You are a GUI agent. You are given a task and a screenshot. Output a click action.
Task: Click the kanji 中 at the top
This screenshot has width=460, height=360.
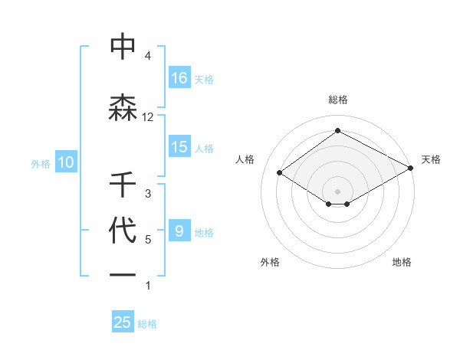123,47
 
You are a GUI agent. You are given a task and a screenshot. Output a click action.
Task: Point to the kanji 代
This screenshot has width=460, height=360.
123,231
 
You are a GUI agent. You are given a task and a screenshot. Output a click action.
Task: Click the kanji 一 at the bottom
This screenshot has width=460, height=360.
123,273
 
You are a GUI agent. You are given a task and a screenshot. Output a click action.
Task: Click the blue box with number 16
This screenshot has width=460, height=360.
179,78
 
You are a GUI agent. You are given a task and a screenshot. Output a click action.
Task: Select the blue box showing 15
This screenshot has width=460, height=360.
179,148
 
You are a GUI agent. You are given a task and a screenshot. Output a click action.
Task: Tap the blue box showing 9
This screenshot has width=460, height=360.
179,231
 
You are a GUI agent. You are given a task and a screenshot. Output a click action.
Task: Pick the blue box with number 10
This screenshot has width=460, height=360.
65,162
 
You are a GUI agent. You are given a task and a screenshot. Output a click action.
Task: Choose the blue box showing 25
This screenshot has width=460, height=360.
123,322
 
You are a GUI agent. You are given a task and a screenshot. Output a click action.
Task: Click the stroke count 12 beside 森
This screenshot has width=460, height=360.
148,117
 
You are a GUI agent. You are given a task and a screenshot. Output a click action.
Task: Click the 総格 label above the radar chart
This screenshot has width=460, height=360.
337,100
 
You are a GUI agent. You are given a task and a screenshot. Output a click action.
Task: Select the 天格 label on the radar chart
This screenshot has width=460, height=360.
431,159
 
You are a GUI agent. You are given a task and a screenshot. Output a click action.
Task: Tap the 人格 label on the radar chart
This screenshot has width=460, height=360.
245,159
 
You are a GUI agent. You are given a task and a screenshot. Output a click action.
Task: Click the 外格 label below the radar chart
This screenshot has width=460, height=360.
269,262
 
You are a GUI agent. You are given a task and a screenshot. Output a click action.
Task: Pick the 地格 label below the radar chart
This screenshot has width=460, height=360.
402,262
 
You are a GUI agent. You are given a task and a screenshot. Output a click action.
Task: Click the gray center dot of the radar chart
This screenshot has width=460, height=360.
337,190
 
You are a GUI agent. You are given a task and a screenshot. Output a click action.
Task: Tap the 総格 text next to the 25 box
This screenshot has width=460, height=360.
147,323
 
